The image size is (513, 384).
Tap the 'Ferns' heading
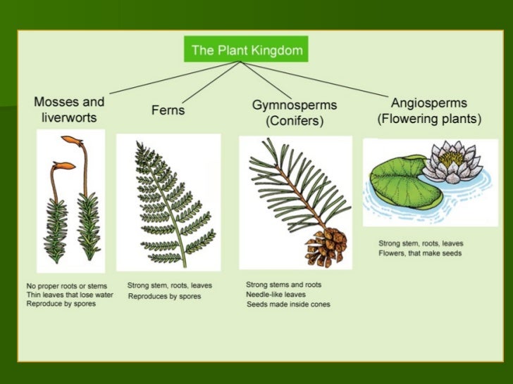tap(168, 110)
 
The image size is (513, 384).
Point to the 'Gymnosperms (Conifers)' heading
tap(295, 113)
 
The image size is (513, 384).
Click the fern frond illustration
tap(167, 200)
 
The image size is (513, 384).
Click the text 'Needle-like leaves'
tap(276, 295)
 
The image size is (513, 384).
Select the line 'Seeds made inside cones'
tap(288, 305)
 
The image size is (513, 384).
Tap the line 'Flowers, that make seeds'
tap(420, 253)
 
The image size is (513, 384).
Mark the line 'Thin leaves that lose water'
tap(69, 295)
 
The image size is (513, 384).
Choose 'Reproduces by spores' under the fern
tap(164, 297)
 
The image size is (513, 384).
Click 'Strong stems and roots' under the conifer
tap(283, 285)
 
